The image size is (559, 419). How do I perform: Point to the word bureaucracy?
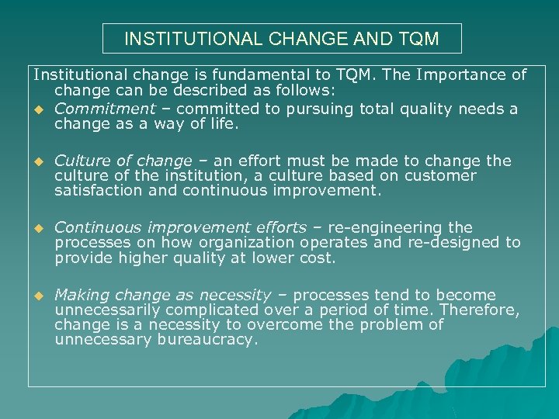pyautogui.click(x=206, y=339)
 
